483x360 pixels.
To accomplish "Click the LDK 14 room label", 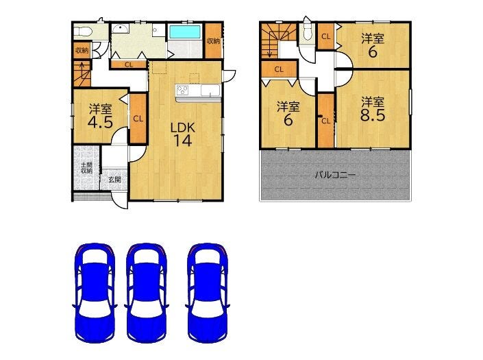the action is [x=183, y=134].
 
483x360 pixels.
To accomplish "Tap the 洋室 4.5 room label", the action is [x=100, y=116].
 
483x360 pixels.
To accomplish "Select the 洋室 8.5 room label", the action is [x=373, y=109].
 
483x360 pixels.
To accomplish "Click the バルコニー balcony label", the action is [x=335, y=176].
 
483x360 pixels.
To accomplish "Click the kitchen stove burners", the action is [x=182, y=91].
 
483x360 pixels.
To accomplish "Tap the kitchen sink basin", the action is [x=210, y=91].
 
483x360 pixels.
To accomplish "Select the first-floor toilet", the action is [x=83, y=31].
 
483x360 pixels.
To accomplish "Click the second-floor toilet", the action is [x=306, y=34].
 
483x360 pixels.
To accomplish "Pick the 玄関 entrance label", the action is [x=114, y=179].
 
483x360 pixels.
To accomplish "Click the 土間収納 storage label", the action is [x=86, y=168].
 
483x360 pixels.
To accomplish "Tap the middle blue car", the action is [x=147, y=293].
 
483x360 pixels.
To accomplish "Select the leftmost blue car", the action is [x=95, y=293].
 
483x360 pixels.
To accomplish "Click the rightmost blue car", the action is [x=208, y=293].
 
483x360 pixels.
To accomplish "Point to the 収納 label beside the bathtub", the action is [x=213, y=40].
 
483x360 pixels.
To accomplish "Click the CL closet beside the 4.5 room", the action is [x=138, y=119].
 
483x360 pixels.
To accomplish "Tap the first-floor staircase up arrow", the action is [x=82, y=74].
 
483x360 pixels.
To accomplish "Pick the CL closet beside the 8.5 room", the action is [x=326, y=121].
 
